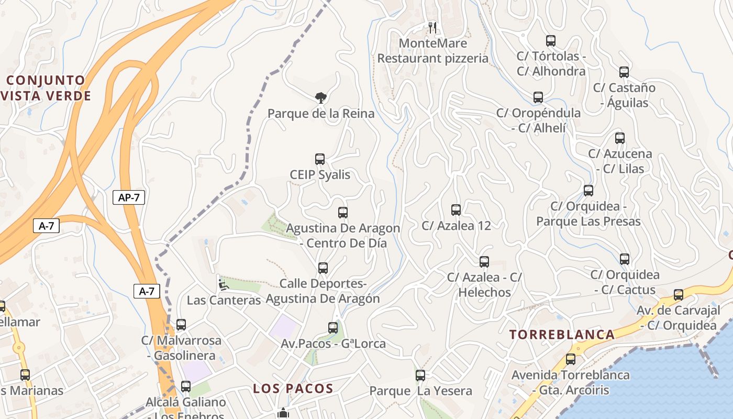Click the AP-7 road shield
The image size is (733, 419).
click(x=128, y=197)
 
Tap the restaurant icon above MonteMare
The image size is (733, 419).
click(x=432, y=27)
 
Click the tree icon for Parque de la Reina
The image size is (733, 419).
click(x=321, y=97)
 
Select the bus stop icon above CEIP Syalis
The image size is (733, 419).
click(x=320, y=159)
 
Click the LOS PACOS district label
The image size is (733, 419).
click(x=293, y=389)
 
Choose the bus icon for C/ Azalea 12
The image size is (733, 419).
click(x=456, y=210)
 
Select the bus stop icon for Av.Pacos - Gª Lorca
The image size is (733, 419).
click(x=333, y=328)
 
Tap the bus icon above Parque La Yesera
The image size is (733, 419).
click(x=420, y=376)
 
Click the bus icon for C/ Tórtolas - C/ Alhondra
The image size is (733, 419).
click(x=551, y=41)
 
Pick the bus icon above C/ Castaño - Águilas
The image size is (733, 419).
click(x=624, y=72)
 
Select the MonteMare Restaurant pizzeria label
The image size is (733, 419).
click(x=432, y=51)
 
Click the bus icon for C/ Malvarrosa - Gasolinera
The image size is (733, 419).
click(x=181, y=325)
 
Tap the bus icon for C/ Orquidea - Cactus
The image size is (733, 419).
click(x=625, y=259)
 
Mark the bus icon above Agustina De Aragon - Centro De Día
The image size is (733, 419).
click(x=343, y=213)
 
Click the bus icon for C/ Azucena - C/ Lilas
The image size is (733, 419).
click(x=620, y=138)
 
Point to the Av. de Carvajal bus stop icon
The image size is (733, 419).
click(x=679, y=295)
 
